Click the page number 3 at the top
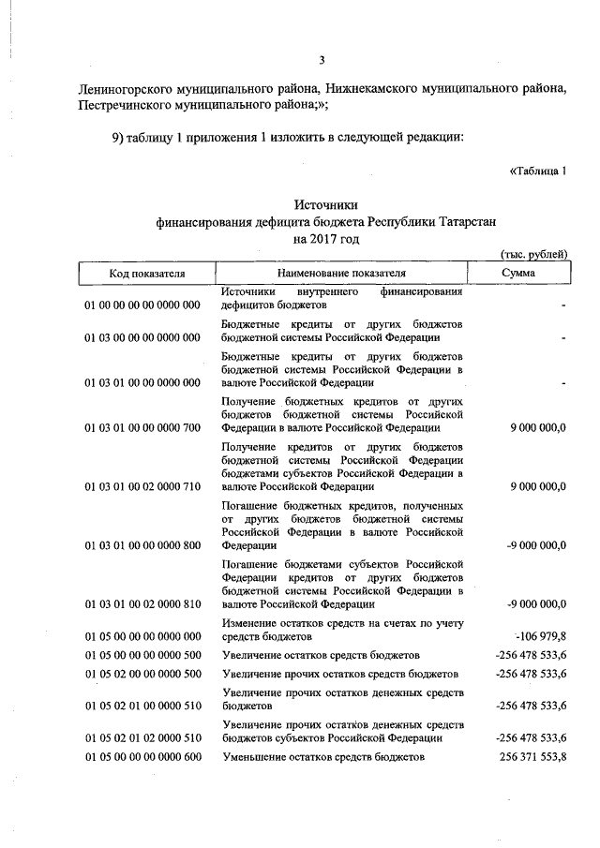click(x=321, y=61)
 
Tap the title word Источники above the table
click(x=325, y=204)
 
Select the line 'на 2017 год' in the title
click(x=325, y=239)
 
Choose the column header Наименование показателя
click(x=342, y=273)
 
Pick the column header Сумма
click(x=518, y=273)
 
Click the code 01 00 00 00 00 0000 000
click(x=142, y=305)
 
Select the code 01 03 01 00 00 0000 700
click(x=142, y=428)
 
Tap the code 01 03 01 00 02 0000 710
click(x=142, y=487)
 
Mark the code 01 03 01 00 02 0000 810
click(x=142, y=604)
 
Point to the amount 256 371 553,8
click(x=531, y=756)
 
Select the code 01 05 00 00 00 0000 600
click(x=142, y=756)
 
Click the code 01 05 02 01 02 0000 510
click(x=142, y=737)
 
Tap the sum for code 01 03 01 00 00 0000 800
click(x=532, y=545)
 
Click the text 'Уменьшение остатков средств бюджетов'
click(x=323, y=756)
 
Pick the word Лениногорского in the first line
click(x=123, y=89)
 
